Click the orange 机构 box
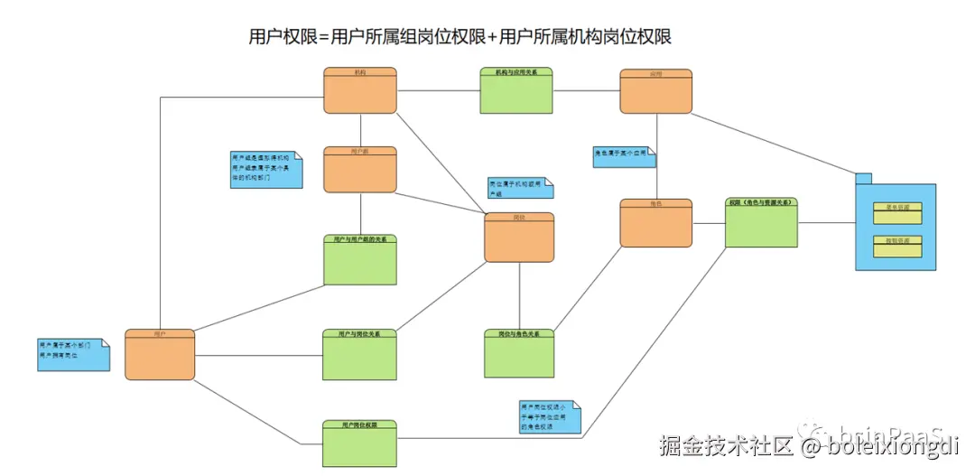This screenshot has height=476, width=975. tap(360, 90)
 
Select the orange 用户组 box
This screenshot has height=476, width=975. tap(360, 169)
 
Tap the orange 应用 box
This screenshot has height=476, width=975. tap(656, 91)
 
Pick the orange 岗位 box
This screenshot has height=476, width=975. tap(519, 238)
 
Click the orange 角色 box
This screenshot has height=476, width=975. tap(656, 223)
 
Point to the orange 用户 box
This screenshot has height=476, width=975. tap(160, 354)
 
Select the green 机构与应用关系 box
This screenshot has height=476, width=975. tap(516, 90)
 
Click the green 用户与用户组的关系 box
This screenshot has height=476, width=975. tap(360, 260)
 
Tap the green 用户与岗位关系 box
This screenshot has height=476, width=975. tap(360, 354)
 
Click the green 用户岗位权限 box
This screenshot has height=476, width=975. tap(360, 443)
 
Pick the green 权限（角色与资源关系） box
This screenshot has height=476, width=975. tap(762, 222)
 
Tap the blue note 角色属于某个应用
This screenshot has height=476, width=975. tap(624, 157)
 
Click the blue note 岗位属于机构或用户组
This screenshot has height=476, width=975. tap(519, 187)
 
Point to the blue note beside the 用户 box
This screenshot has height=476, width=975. tap(73, 354)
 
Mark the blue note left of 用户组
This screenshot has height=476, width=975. tap(265, 169)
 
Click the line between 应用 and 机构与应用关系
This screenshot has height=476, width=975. tap(586, 90)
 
